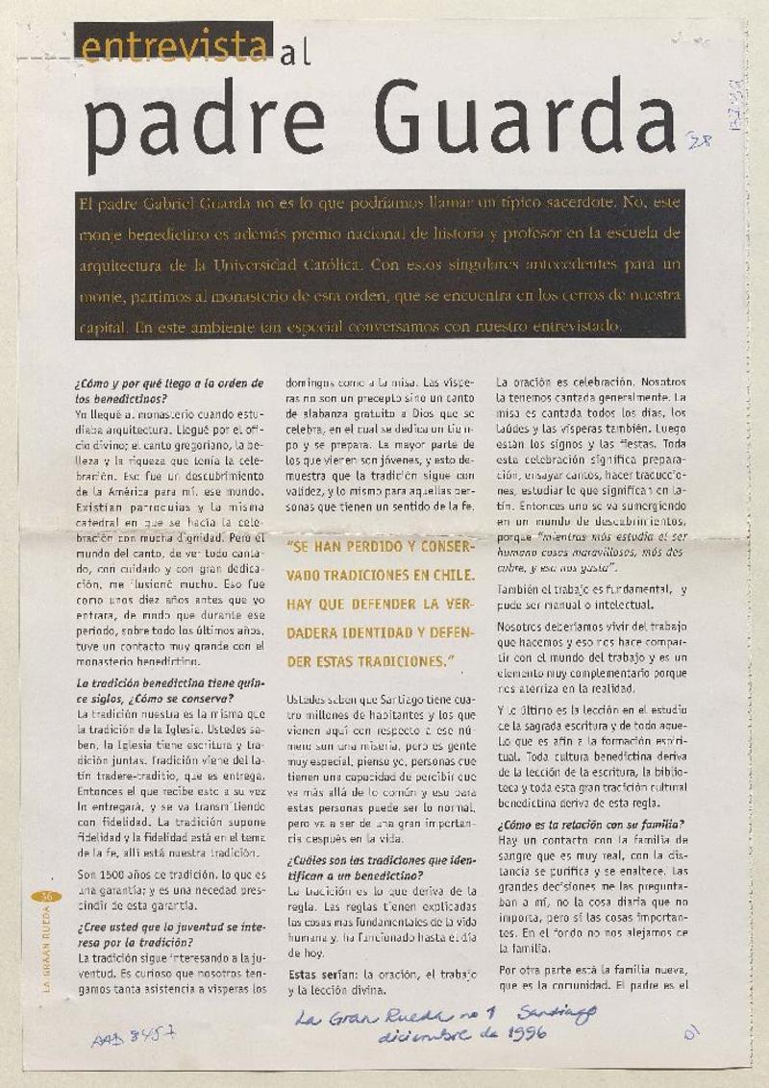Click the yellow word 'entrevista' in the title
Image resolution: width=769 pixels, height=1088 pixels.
[x=173, y=44]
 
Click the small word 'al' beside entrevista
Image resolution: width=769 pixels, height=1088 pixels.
[x=294, y=53]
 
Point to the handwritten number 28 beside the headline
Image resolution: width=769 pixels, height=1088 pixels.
[x=699, y=143]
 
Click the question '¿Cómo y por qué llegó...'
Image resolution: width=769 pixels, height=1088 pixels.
[x=168, y=389]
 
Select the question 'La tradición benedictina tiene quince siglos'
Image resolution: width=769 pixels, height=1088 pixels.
[x=168, y=690]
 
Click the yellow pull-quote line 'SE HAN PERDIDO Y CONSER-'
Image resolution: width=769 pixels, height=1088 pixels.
[x=381, y=547]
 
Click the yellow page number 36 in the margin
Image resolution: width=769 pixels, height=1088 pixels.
[x=45, y=897]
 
